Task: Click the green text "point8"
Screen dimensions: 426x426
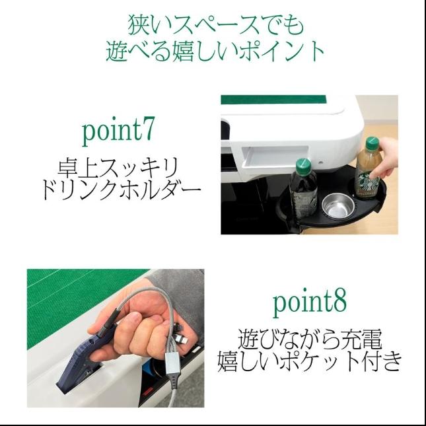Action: pos(309,303)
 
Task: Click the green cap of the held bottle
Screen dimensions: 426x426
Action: pos(372,143)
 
